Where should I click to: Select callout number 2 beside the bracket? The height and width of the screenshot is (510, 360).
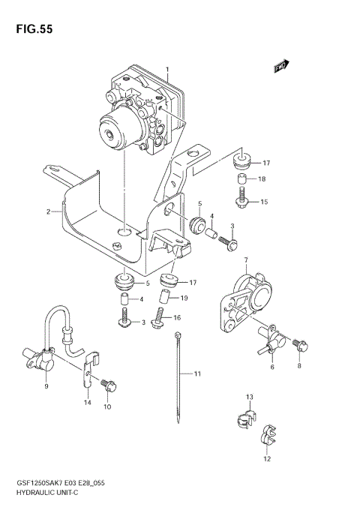click(47, 212)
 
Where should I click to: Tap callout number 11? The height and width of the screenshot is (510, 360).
click(198, 373)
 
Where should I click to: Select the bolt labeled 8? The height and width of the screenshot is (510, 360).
click(299, 345)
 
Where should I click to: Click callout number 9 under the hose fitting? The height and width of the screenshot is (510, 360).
click(46, 386)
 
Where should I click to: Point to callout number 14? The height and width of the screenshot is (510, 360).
click(87, 403)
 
